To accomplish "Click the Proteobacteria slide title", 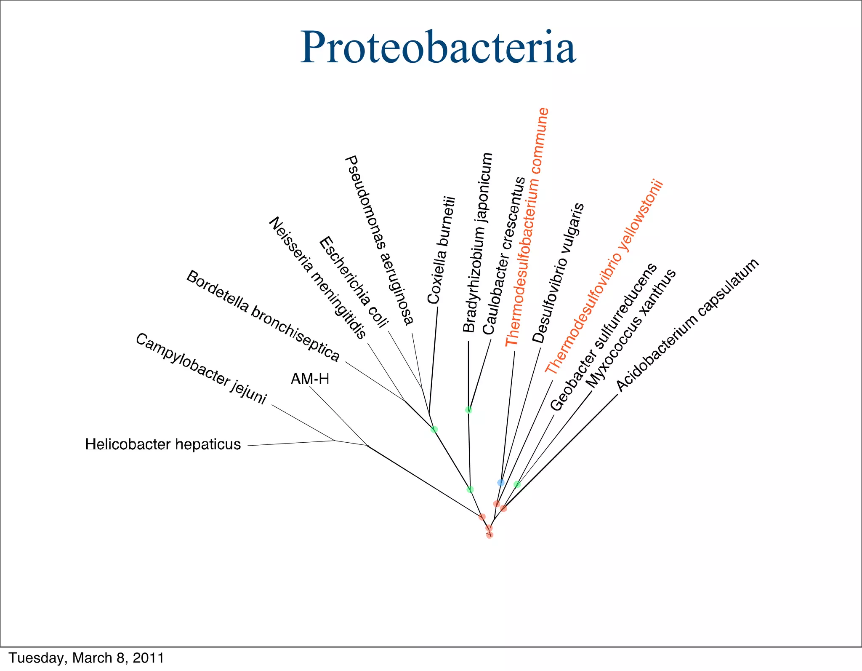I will pyautogui.click(x=438, y=48).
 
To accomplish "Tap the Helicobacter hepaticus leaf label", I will pyautogui.click(x=163, y=444).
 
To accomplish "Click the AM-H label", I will pyautogui.click(x=310, y=379).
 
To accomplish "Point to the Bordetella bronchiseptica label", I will pyautogui.click(x=263, y=316).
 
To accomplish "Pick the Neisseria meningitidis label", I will pyautogui.click(x=317, y=278).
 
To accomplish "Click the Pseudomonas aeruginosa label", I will pyautogui.click(x=379, y=241).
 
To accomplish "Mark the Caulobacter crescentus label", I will pyautogui.click(x=504, y=256).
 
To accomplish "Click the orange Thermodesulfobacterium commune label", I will pyautogui.click(x=527, y=227).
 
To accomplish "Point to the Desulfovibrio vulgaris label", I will pyautogui.click(x=558, y=273).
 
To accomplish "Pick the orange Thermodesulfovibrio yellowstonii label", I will pyautogui.click(x=604, y=277).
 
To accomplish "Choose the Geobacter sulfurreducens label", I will pyautogui.click(x=604, y=337).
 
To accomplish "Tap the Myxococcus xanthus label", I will pyautogui.click(x=631, y=329).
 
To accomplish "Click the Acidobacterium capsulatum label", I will pyautogui.click(x=688, y=325).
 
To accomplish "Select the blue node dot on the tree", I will pyautogui.click(x=501, y=482).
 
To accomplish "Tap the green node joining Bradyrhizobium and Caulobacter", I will pyautogui.click(x=468, y=410).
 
